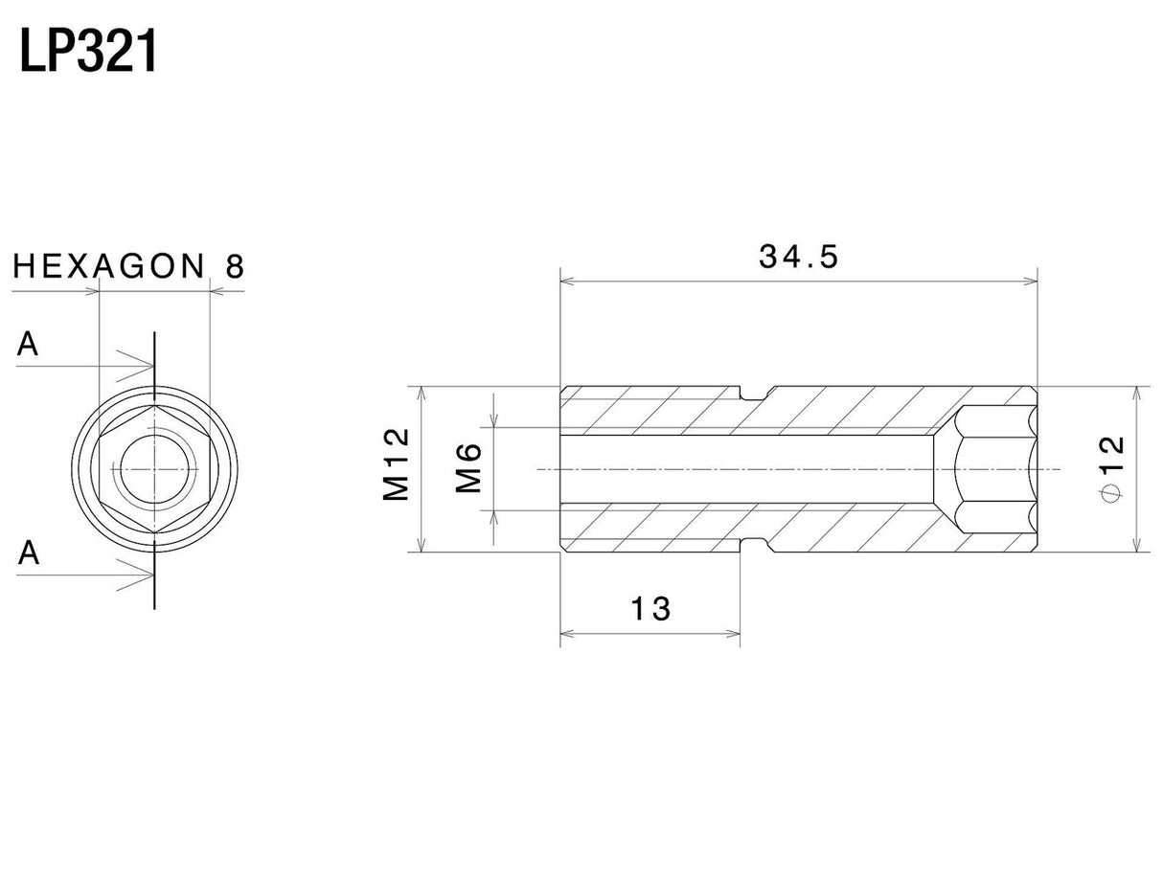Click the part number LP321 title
[x=88, y=53]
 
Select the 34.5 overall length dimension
[x=798, y=257]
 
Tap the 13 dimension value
[x=650, y=608]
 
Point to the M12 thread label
[x=396, y=464]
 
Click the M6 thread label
[x=468, y=468]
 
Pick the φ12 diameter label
[x=1110, y=467]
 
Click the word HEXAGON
[x=109, y=267]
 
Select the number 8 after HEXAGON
[x=234, y=267]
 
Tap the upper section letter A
[x=28, y=346]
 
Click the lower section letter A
[x=29, y=553]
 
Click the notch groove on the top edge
[x=756, y=393]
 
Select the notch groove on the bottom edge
[x=756, y=547]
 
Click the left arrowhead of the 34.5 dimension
[x=567, y=282]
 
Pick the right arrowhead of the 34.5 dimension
[x=1031, y=282]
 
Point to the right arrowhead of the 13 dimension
[x=733, y=633]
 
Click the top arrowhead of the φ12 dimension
[x=1136, y=393]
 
